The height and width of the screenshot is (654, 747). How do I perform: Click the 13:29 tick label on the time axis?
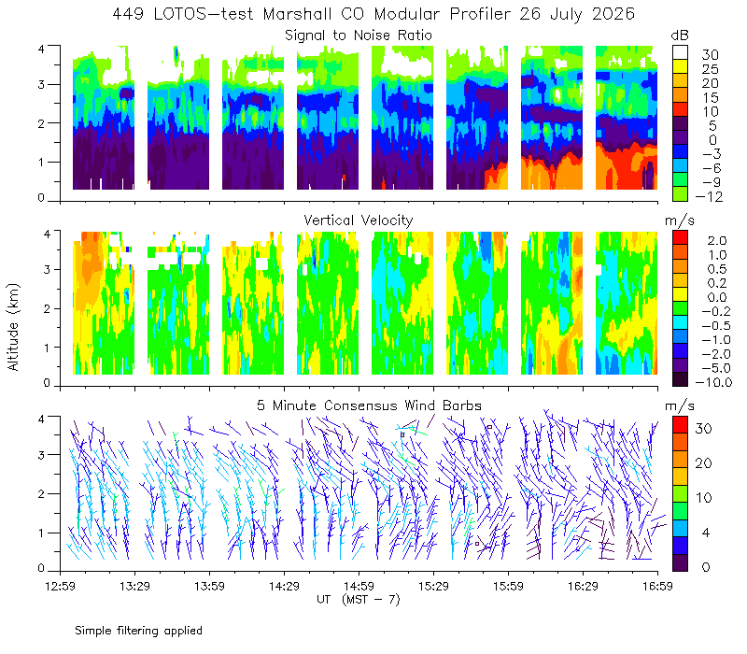[x=134, y=586]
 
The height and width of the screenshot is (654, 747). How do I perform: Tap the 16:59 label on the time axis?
[x=657, y=586]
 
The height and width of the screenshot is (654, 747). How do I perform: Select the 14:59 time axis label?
[x=359, y=586]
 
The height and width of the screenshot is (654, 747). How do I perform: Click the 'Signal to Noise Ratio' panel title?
[x=359, y=36]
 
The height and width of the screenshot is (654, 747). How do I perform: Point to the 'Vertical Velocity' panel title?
[x=359, y=220]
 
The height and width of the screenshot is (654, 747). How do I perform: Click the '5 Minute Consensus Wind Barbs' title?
[x=369, y=405]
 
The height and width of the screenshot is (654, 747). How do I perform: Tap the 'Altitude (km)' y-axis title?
[x=13, y=327]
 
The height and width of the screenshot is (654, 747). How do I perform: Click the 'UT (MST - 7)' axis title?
[x=359, y=600]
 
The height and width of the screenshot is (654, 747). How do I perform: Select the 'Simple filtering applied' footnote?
[x=138, y=631]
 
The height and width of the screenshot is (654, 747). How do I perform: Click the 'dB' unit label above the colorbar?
[x=680, y=36]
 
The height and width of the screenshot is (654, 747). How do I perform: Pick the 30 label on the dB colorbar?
[x=710, y=55]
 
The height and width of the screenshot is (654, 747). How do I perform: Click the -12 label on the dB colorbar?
[x=709, y=196]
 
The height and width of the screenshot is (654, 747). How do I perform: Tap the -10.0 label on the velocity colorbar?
[x=713, y=382]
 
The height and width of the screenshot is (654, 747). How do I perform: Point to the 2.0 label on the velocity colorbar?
[x=717, y=240]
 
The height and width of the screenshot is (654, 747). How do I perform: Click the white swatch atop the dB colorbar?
[x=680, y=52]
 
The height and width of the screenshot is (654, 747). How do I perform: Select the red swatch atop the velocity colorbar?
[x=680, y=237]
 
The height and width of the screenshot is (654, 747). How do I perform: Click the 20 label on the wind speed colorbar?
[x=704, y=462]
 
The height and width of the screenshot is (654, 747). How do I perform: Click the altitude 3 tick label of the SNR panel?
[x=41, y=84]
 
